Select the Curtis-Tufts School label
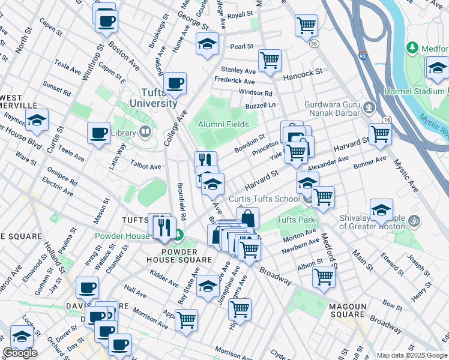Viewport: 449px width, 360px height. [264, 199]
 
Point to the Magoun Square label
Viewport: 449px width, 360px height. [348, 310]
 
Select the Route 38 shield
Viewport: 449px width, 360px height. [313, 44]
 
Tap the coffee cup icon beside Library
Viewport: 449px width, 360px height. [98, 133]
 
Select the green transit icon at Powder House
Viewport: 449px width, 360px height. [179, 236]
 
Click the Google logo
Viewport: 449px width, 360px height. [20, 353]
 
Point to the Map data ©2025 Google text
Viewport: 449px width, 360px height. [412, 355]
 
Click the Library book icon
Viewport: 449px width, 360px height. [145, 132]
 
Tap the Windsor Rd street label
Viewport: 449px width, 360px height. [255, 93]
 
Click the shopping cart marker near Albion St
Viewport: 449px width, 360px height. [324, 277]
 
